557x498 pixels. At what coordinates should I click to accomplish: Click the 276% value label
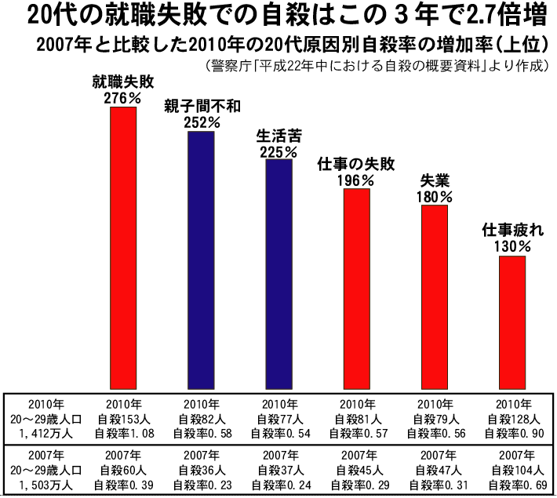(x=122, y=99)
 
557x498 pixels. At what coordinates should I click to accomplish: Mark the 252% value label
(x=201, y=122)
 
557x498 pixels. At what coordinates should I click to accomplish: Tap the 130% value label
(x=512, y=246)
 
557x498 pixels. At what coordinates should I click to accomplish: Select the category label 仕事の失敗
(x=355, y=165)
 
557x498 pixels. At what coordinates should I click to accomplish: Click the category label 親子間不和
(x=201, y=107)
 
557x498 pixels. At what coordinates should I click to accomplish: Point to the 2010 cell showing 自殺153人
(x=123, y=418)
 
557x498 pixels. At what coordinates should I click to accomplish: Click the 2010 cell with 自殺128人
(x=513, y=418)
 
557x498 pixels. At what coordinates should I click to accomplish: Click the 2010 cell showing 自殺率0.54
(x=278, y=433)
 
